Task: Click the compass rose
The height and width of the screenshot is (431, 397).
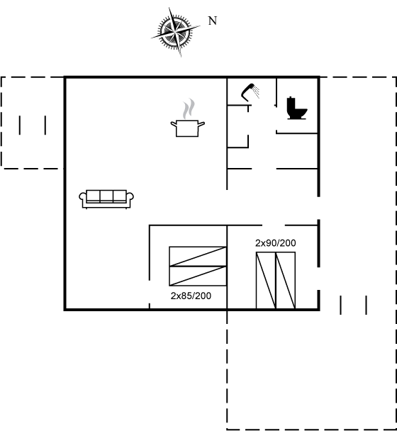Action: pos(175,32)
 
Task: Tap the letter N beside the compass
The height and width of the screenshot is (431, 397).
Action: pos(213,21)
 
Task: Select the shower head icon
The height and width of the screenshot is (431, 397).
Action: pos(248,92)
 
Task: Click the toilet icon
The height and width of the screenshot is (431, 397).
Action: pos(296,108)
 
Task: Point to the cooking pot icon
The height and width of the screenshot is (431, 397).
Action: pos(187,128)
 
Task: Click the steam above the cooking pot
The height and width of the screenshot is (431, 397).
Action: pos(189,109)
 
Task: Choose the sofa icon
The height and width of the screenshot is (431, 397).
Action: pos(106,199)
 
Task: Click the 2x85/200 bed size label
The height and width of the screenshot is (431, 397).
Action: pos(191,296)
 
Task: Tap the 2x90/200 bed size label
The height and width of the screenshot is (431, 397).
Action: pos(276,243)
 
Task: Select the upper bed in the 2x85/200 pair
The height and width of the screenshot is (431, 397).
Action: pos(198,257)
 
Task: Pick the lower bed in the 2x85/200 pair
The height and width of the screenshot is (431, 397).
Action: pos(198,276)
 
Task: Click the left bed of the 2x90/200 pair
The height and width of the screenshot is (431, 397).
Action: pos(266,281)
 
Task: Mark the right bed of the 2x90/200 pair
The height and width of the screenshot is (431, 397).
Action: pos(286,281)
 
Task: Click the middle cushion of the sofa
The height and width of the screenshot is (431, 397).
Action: pos(106,196)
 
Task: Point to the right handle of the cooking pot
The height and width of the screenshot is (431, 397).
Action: pos(201,124)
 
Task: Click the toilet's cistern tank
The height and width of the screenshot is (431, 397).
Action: pos(291,103)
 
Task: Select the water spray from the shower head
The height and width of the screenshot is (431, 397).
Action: pos(257,92)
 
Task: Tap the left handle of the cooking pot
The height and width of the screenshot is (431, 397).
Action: pos(174,124)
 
